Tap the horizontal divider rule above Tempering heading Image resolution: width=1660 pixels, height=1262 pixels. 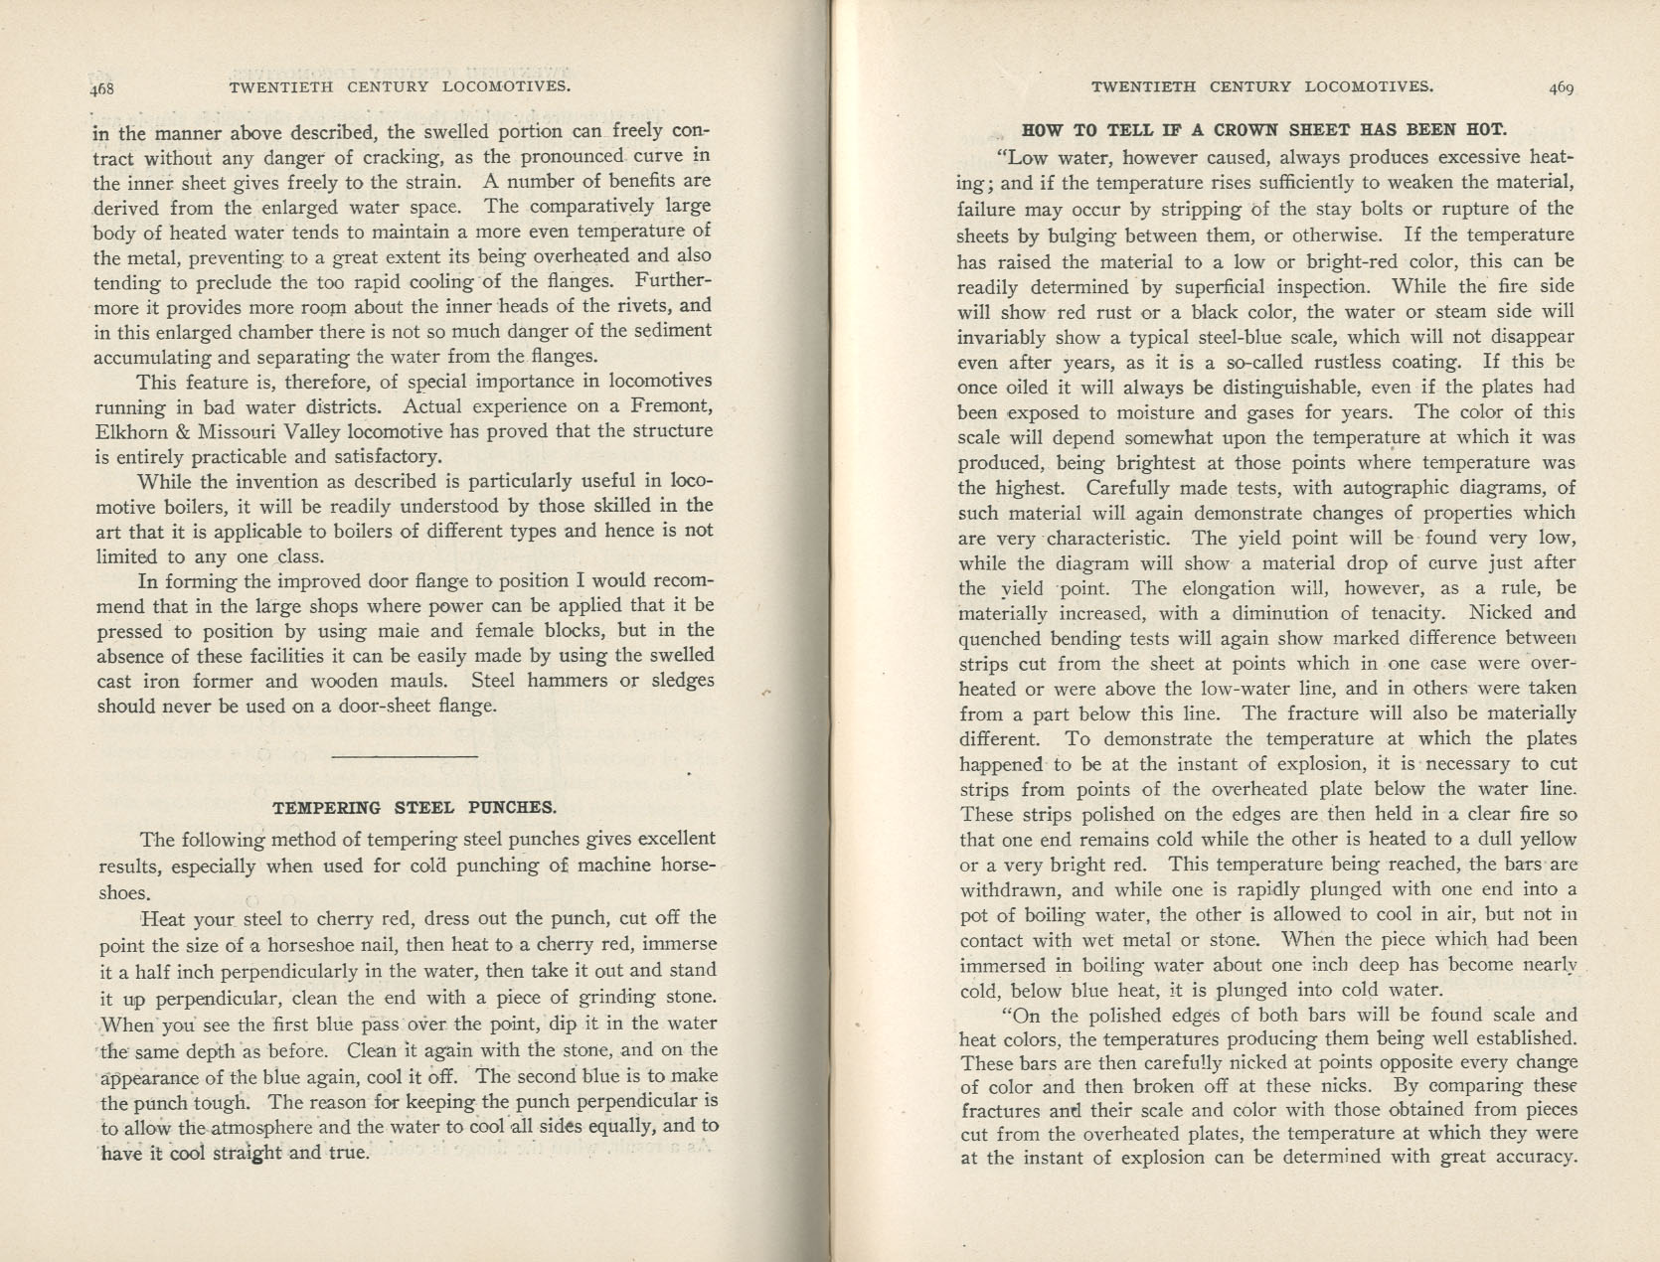point(404,757)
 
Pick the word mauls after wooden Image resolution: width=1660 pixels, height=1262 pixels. point(421,681)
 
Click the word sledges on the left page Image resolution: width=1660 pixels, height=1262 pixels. point(681,681)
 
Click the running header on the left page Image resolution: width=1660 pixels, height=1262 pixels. point(400,86)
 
